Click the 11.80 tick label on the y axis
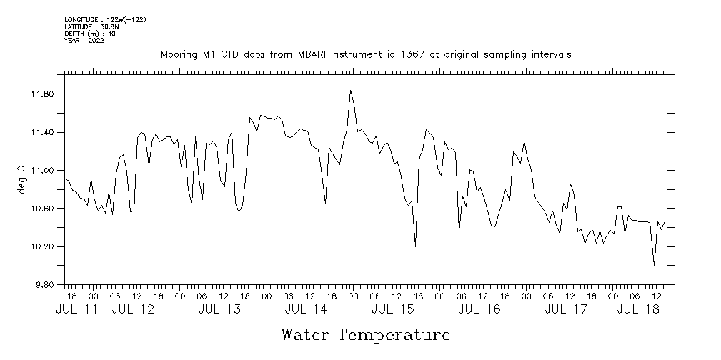click(x=44, y=94)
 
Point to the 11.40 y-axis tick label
click(x=44, y=133)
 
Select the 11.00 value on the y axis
click(x=44, y=171)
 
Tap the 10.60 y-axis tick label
click(x=44, y=209)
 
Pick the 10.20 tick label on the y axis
click(x=44, y=247)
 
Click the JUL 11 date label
click(x=76, y=309)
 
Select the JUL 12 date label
click(x=134, y=309)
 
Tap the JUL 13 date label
click(x=219, y=309)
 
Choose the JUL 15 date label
click(x=392, y=309)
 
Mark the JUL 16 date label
click(x=479, y=309)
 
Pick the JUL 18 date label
click(x=637, y=309)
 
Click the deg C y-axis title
click(x=21, y=180)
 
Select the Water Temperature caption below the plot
click(x=366, y=335)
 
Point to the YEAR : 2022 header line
click(x=84, y=40)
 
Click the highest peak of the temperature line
click(x=350, y=91)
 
